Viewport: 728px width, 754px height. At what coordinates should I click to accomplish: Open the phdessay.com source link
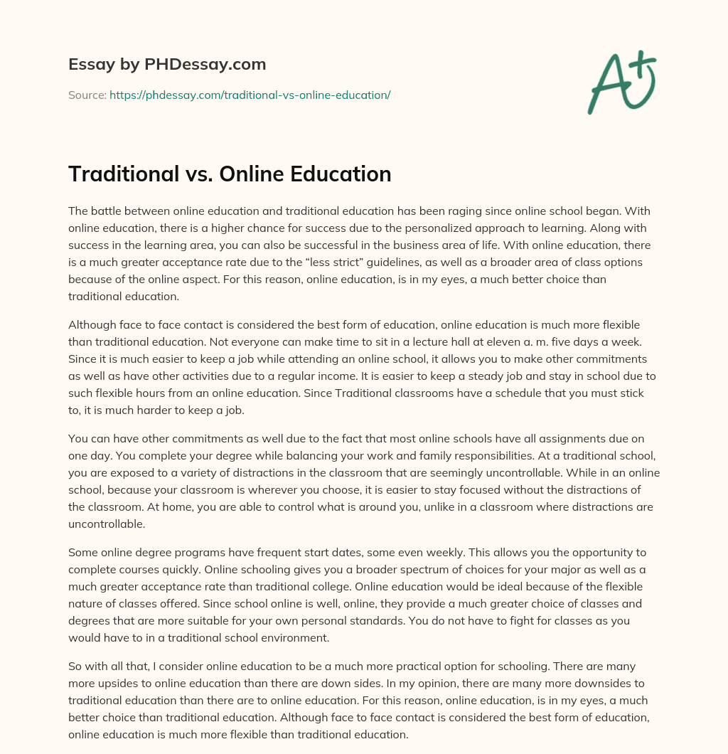tap(250, 95)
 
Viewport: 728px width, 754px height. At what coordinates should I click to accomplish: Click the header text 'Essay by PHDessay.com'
tap(167, 65)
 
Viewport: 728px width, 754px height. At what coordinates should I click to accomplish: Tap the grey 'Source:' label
tap(87, 95)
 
